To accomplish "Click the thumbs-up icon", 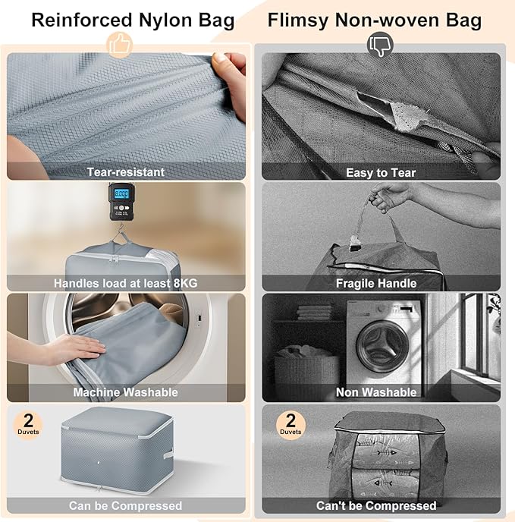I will [x=120, y=46].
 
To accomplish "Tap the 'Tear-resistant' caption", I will [x=125, y=172].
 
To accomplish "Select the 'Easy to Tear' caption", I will [x=381, y=172].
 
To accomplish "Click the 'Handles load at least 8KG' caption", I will [x=125, y=283].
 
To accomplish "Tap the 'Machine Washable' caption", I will [x=125, y=392].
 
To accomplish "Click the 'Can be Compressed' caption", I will [x=125, y=505].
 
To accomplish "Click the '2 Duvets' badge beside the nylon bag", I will [x=29, y=423].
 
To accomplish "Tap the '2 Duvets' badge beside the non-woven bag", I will [x=290, y=423].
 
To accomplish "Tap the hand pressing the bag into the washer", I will [x=72, y=349].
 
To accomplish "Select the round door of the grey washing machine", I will [x=384, y=344].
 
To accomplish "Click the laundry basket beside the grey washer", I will [x=306, y=372].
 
